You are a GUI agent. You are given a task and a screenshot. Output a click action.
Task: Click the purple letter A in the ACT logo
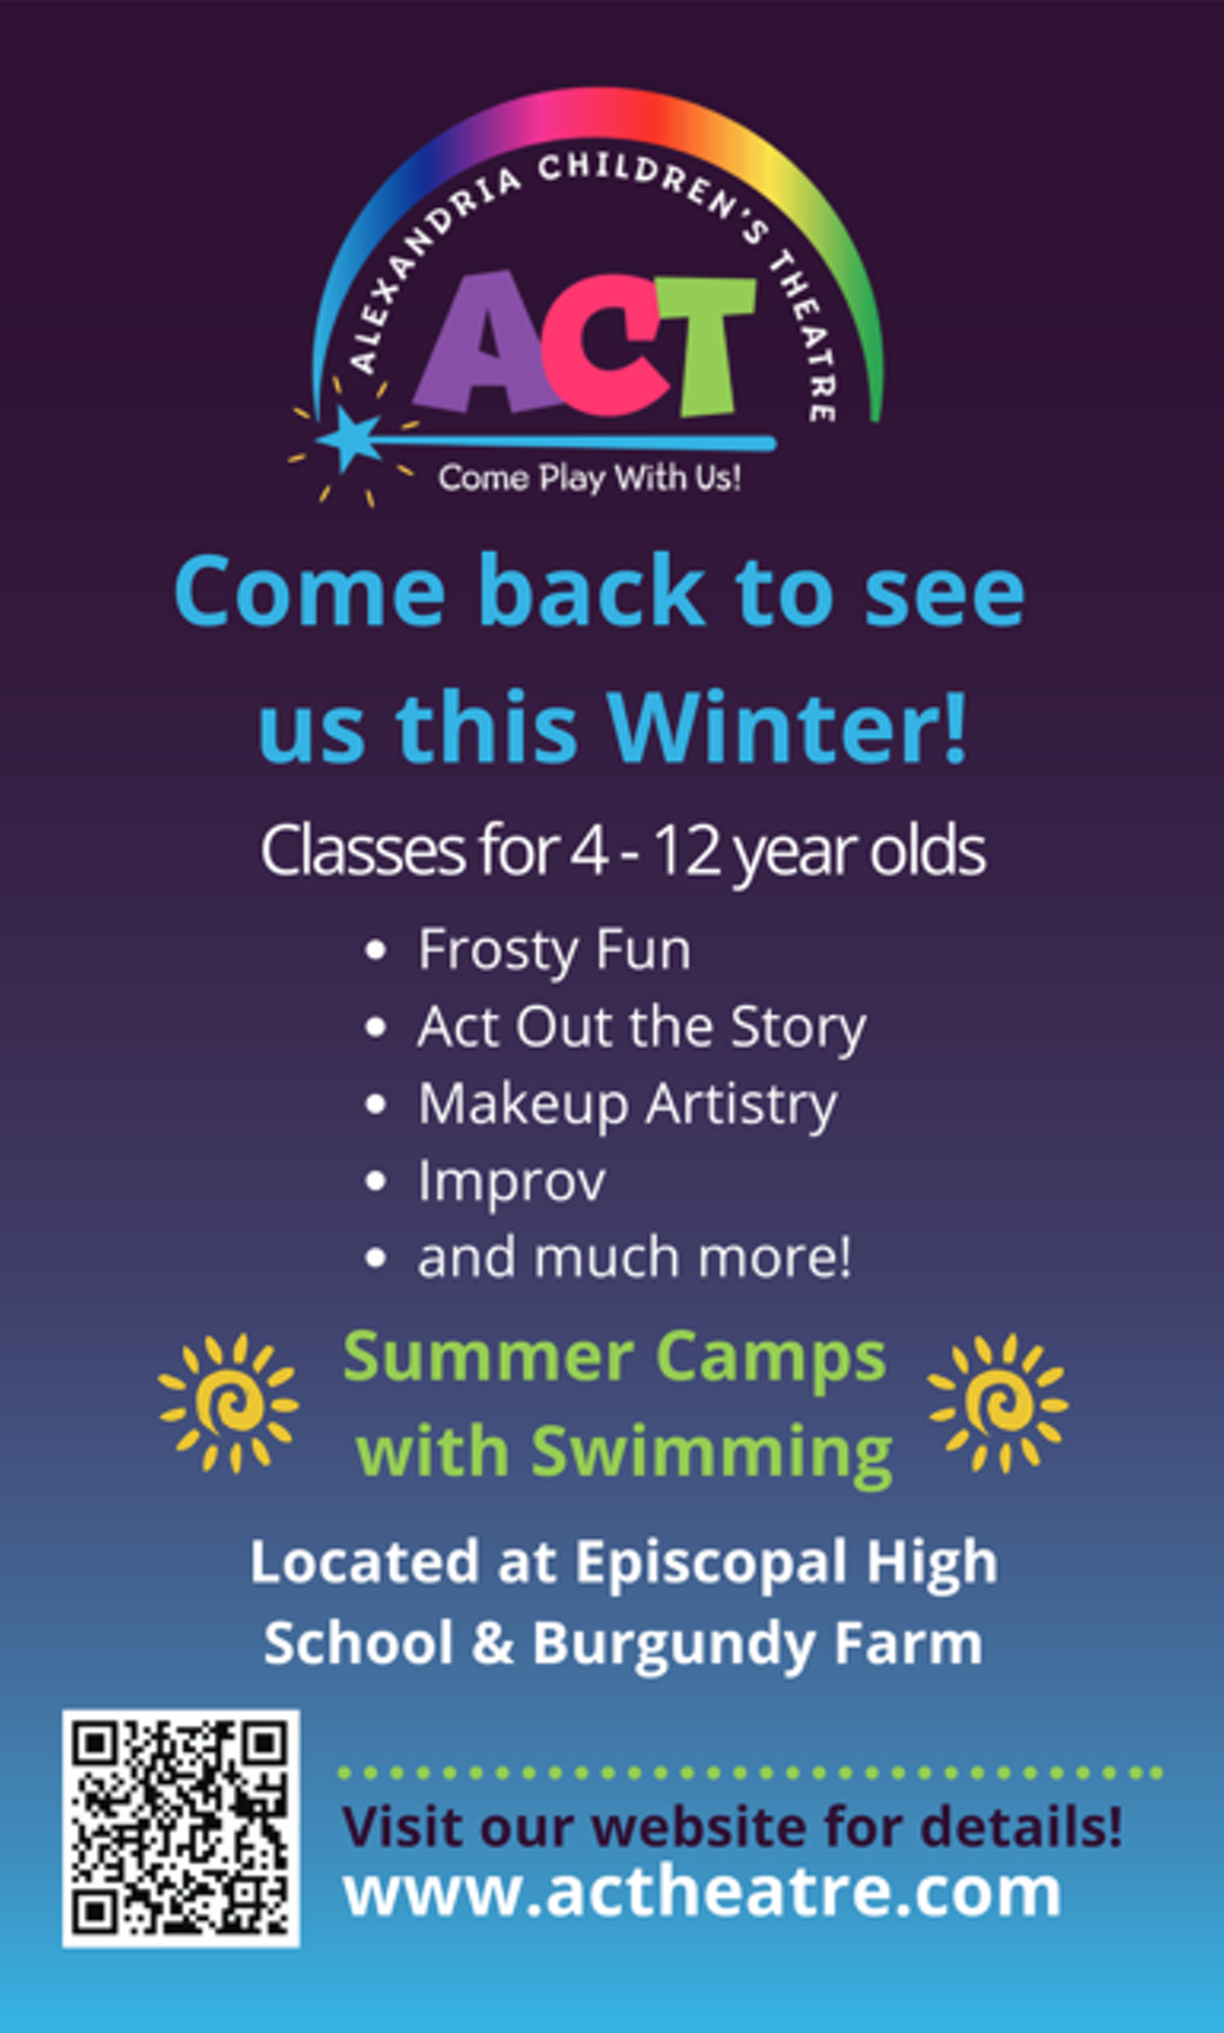point(487,345)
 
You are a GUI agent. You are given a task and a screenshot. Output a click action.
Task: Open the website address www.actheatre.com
point(702,1892)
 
